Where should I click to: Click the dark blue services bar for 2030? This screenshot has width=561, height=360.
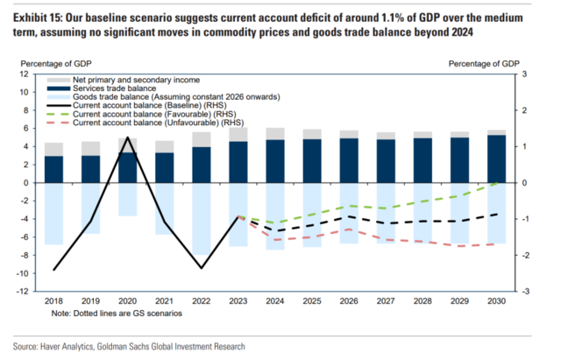pyautogui.click(x=495, y=159)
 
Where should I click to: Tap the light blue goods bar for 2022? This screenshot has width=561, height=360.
pyautogui.click(x=201, y=218)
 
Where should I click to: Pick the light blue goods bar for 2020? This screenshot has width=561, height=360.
pyautogui.click(x=127, y=199)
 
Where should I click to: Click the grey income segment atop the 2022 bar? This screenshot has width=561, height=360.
pyautogui.click(x=201, y=139)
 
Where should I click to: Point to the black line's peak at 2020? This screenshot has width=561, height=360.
pyautogui.click(x=128, y=138)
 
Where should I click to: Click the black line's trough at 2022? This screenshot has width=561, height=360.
pyautogui.click(x=202, y=268)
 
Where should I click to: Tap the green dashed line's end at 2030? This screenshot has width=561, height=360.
pyautogui.click(x=496, y=182)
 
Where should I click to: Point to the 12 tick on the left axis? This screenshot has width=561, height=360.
pyautogui.click(x=25, y=74)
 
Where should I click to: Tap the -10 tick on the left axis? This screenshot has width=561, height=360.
pyautogui.click(x=22, y=273)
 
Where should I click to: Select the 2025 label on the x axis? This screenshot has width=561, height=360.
pyautogui.click(x=311, y=302)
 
